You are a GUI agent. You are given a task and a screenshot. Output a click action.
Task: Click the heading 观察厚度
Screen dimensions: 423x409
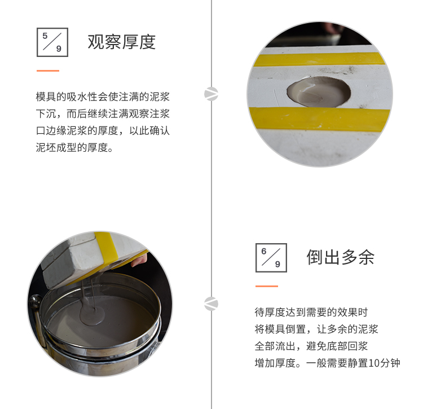click(122, 42)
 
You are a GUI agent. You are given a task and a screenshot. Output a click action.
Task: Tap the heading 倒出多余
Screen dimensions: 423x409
click(341, 257)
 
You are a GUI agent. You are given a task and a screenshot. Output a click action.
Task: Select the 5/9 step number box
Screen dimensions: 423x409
click(52, 42)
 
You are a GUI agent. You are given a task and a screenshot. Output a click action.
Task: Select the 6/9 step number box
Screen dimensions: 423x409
click(271, 258)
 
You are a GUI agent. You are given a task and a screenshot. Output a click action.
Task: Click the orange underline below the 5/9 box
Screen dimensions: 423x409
click(48, 71)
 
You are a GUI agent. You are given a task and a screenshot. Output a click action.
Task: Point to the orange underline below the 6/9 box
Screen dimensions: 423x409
click(267, 286)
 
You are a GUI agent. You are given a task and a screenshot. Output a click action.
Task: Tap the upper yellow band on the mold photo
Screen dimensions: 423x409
click(320, 59)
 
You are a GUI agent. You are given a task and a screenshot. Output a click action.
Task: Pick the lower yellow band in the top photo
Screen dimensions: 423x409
click(320, 118)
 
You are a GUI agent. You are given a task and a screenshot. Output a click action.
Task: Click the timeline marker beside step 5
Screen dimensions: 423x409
click(211, 94)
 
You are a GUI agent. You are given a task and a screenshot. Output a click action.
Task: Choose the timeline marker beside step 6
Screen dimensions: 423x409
click(211, 304)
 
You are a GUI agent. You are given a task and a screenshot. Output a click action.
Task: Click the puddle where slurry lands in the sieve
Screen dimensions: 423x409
click(92, 314)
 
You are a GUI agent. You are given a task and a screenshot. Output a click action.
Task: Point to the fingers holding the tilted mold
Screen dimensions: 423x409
click(139, 260)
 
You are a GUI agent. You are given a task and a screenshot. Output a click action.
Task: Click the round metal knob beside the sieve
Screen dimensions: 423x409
click(36, 300)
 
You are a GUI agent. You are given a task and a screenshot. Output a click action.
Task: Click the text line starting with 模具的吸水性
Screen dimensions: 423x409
click(103, 96)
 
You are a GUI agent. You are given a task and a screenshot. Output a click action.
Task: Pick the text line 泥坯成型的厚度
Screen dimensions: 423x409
click(74, 148)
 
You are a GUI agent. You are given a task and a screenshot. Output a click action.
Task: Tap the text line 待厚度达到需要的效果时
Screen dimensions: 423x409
click(311, 312)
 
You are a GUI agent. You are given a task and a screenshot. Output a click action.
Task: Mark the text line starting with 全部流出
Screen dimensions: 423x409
click(311, 346)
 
